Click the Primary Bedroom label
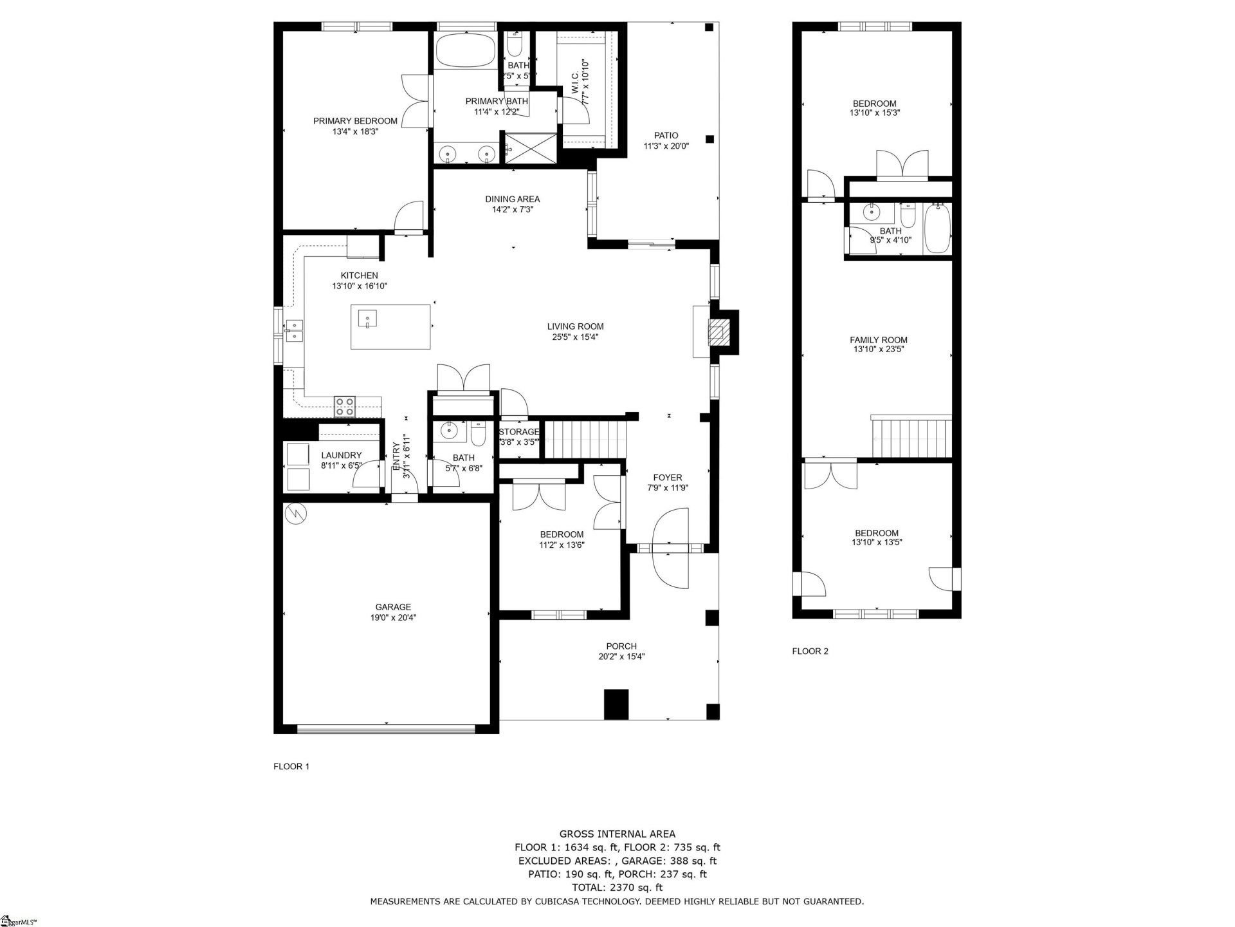point(355,121)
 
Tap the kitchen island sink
point(367,319)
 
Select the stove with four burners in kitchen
point(345,406)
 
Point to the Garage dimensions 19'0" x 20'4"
point(393,617)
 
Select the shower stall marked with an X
point(529,149)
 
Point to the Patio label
point(666,135)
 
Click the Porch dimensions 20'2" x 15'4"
point(621,657)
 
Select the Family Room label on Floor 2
point(878,340)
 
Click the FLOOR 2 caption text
point(810,651)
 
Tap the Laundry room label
point(341,455)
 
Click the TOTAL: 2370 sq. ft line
point(617,888)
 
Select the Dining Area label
point(512,199)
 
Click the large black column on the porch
point(616,704)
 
